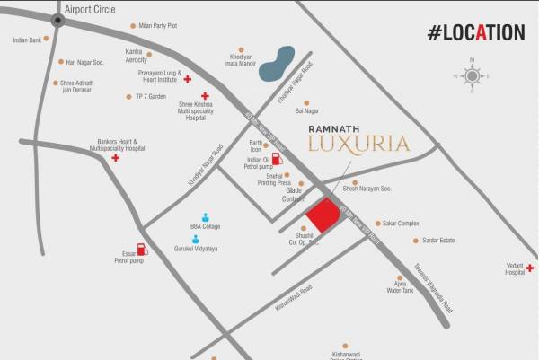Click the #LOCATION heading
tap(475, 32)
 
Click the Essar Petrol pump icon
tap(141, 250)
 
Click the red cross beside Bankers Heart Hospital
tap(116, 158)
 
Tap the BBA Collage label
tap(205, 226)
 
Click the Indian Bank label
tap(27, 40)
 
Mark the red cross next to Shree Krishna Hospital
tap(204, 94)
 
